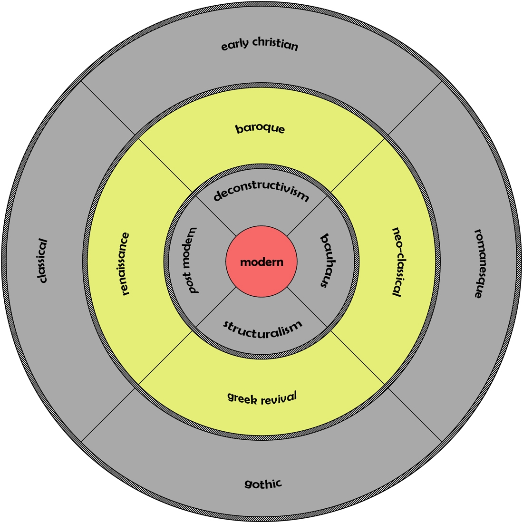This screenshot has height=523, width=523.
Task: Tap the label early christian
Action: (x=260, y=46)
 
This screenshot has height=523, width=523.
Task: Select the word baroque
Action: (x=260, y=128)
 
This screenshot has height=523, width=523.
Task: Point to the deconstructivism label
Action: (x=261, y=194)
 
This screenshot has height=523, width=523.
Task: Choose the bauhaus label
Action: (x=325, y=261)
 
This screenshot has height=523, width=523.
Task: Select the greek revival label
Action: (x=262, y=397)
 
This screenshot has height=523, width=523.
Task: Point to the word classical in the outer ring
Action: (x=43, y=261)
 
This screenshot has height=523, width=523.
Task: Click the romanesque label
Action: (x=479, y=263)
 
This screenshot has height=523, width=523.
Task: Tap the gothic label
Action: (x=263, y=484)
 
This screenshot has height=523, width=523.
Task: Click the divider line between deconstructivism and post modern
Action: (x=214, y=214)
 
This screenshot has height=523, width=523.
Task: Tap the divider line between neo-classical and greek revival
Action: (x=357, y=357)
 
